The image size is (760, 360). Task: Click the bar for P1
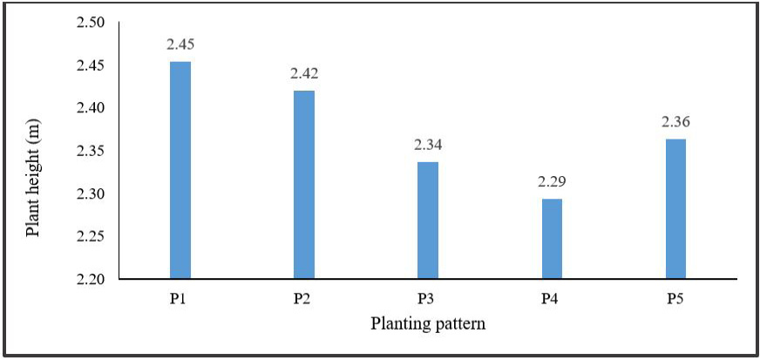(x=180, y=170)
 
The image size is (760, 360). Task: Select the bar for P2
(x=304, y=185)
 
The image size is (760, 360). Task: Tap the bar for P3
(x=428, y=220)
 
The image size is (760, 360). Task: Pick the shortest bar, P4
(x=552, y=238)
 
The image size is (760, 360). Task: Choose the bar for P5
(x=675, y=209)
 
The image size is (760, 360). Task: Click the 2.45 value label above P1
(x=180, y=45)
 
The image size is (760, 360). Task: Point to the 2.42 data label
(x=304, y=74)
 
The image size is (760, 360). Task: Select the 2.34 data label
(x=428, y=145)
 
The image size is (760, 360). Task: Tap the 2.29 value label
(x=552, y=182)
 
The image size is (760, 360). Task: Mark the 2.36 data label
(x=675, y=122)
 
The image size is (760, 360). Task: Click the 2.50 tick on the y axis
(x=97, y=23)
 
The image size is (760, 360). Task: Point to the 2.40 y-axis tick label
(x=97, y=108)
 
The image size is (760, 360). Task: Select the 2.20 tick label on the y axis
(x=97, y=279)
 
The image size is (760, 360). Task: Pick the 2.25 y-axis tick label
(x=97, y=236)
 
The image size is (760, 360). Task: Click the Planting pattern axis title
(x=428, y=323)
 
